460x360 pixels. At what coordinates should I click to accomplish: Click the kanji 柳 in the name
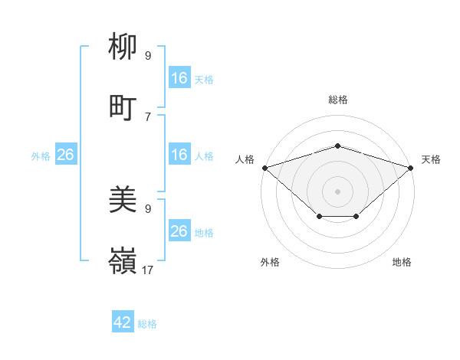pos(123,47)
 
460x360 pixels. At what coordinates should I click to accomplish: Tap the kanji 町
pos(123,108)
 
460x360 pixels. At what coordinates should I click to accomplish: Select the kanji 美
pos(123,201)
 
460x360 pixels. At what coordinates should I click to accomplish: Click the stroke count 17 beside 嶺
pos(148,270)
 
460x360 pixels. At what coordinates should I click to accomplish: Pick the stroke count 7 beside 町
pos(148,116)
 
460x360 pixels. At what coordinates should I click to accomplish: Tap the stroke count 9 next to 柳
pos(148,55)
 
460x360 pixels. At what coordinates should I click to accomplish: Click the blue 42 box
pos(123,322)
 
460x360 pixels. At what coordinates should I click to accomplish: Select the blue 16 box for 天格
pos(179,78)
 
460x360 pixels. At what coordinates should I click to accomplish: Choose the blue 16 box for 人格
pos(179,155)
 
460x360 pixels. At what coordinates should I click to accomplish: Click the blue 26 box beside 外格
pos(65,155)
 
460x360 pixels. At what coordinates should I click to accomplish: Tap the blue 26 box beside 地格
pos(179,231)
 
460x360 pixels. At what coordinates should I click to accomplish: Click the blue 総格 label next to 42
pos(147,324)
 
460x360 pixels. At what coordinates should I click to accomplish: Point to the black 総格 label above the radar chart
pos(338,100)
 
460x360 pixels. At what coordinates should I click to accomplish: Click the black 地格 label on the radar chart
pos(402,263)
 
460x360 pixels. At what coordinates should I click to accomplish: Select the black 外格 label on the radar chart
pos(270,263)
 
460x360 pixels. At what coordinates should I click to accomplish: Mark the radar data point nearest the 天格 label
pos(411,167)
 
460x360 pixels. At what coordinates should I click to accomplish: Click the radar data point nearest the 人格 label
pos(264,167)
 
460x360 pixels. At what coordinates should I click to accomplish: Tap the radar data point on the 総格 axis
pos(337,146)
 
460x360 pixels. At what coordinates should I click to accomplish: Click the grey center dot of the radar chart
pos(337,191)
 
